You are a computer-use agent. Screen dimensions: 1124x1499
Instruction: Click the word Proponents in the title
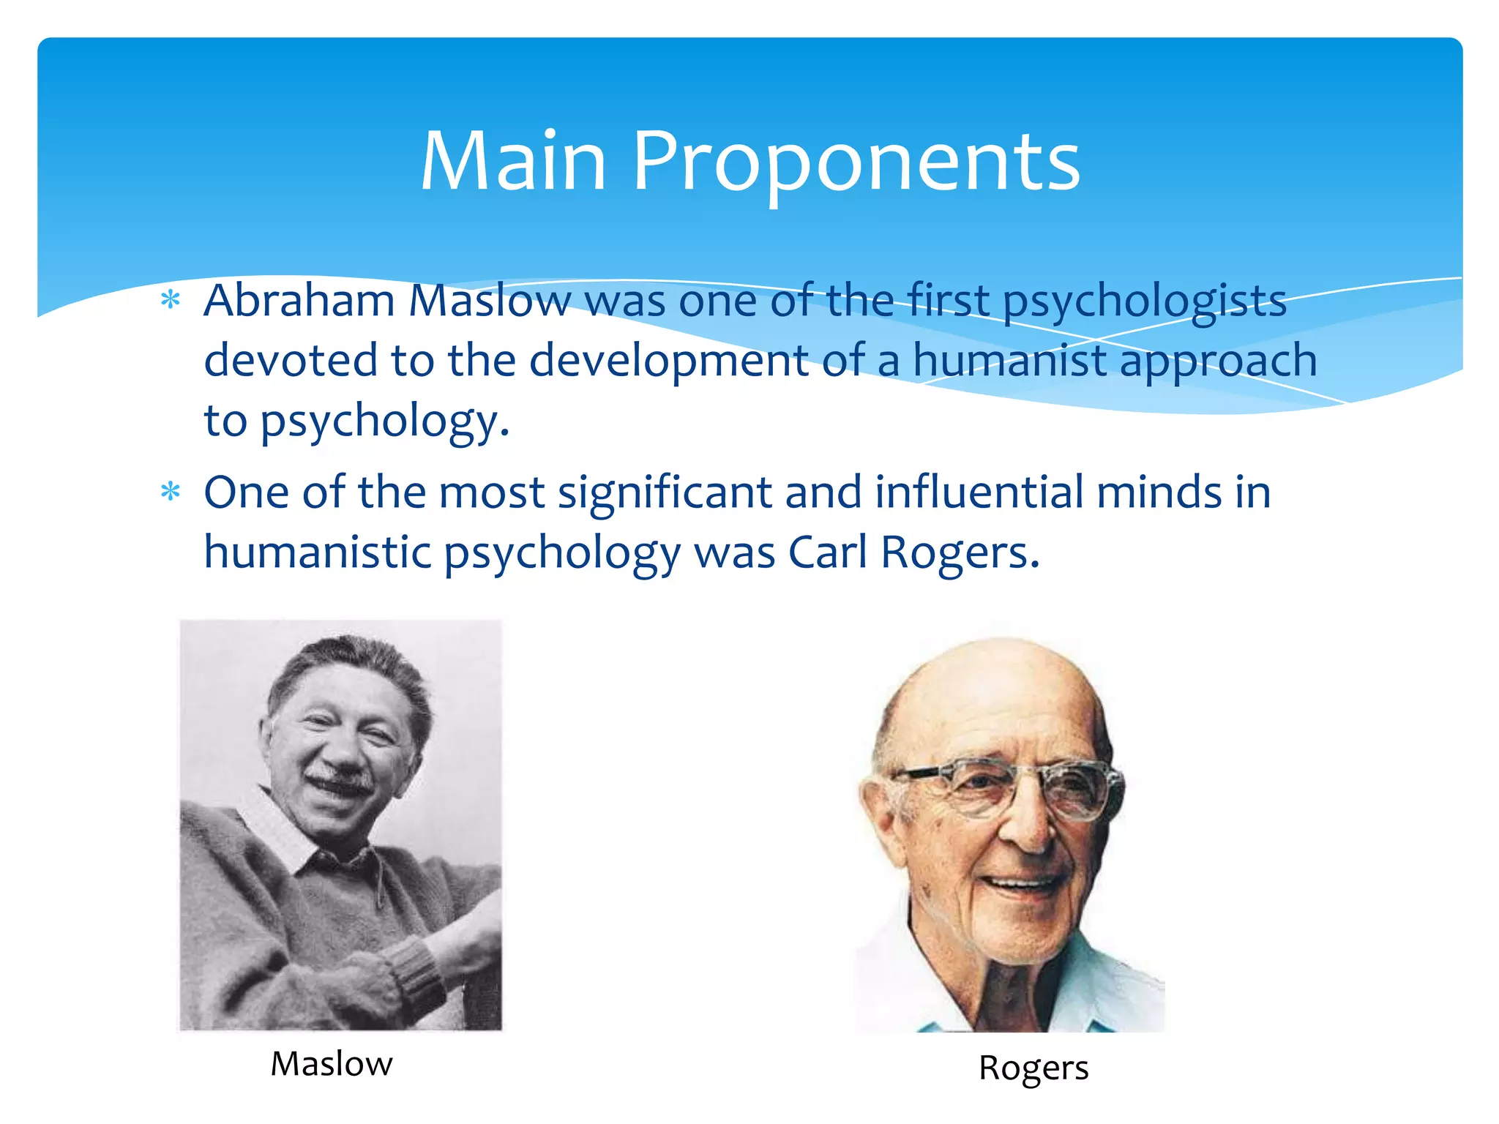click(x=856, y=162)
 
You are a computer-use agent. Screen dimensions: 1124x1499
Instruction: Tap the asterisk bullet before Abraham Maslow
click(x=171, y=300)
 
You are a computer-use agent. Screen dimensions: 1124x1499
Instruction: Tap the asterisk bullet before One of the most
click(x=171, y=492)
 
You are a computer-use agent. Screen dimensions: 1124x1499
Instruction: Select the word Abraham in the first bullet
click(x=299, y=300)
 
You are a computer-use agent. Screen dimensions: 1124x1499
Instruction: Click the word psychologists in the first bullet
click(x=1144, y=301)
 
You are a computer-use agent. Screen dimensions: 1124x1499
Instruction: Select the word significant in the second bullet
click(x=665, y=493)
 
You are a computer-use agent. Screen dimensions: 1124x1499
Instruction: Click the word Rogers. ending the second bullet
click(x=960, y=553)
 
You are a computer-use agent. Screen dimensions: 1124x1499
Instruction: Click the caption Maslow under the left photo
click(x=332, y=1064)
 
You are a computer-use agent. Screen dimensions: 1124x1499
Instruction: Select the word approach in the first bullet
click(x=1218, y=361)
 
